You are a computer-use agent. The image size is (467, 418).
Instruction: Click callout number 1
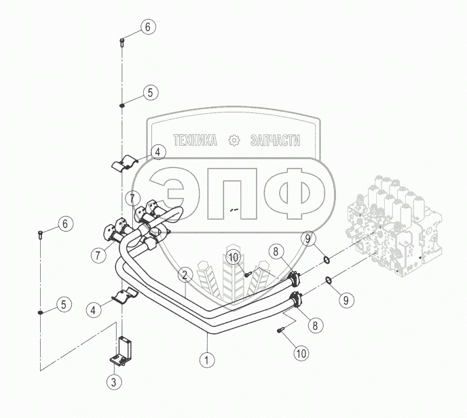tap(204, 360)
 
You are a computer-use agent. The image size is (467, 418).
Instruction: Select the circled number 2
tap(183, 275)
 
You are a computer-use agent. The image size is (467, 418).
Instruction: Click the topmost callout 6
tap(149, 27)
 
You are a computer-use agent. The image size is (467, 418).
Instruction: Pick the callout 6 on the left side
tap(65, 223)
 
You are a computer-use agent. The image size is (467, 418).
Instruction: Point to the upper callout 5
tap(149, 93)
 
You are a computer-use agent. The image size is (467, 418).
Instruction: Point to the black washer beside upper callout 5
tap(122, 105)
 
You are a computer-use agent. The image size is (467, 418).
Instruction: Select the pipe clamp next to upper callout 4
tap(124, 163)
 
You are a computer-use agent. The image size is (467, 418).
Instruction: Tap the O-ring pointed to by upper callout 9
tap(327, 259)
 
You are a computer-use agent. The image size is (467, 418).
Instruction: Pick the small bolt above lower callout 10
tap(281, 331)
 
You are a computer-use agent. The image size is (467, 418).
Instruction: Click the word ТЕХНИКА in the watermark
tap(195, 140)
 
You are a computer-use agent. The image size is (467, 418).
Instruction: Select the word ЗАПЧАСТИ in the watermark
tap(275, 140)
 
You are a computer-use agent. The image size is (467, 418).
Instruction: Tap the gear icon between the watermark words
tap(235, 140)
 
